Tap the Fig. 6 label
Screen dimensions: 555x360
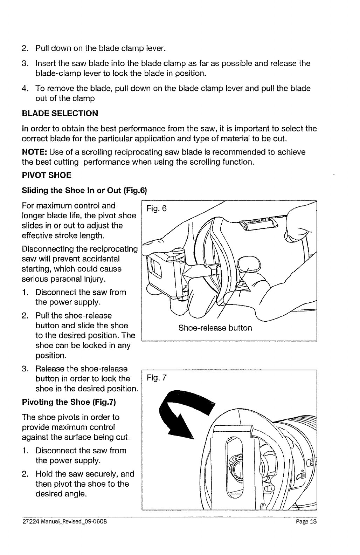click(x=157, y=209)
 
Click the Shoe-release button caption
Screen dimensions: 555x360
click(x=215, y=328)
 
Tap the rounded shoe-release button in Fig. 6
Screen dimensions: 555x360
click(x=248, y=262)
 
